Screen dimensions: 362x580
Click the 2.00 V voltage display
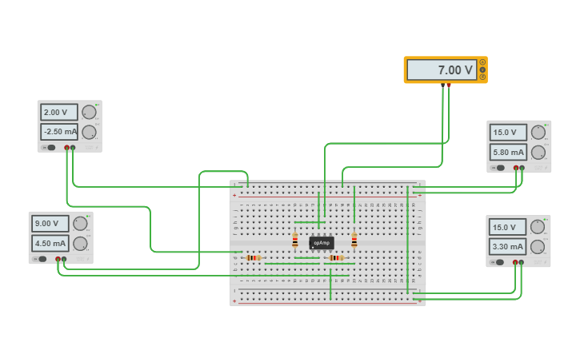click(x=59, y=113)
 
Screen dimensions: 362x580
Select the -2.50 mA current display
click(x=59, y=132)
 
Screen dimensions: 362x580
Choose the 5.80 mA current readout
click(x=508, y=152)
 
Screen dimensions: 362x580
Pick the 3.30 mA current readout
click(x=507, y=248)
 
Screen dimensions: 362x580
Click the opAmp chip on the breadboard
click(x=322, y=242)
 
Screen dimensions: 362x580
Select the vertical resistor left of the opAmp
click(x=295, y=241)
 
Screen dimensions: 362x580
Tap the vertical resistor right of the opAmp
click(x=354, y=240)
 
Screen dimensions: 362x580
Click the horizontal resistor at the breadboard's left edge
click(x=254, y=258)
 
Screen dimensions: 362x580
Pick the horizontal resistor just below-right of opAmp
click(x=335, y=258)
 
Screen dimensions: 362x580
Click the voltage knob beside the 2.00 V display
click(x=89, y=113)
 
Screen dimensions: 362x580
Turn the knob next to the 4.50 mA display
click(x=80, y=243)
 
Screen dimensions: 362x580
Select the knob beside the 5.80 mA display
click(x=538, y=152)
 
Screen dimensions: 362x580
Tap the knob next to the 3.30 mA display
click(x=538, y=248)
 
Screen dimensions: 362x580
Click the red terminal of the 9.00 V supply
click(x=64, y=259)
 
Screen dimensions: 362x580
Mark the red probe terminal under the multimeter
click(x=449, y=85)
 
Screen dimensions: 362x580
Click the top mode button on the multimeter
click(x=482, y=62)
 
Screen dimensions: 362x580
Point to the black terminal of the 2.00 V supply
click(x=66, y=148)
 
